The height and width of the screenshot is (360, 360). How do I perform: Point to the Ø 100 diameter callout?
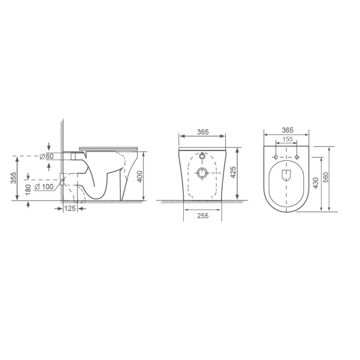click(x=46, y=186)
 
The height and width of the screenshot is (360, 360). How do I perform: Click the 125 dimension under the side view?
click(x=70, y=209)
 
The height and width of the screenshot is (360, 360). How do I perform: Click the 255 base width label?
click(x=202, y=216)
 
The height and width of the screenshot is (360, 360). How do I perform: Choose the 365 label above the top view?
click(x=287, y=130)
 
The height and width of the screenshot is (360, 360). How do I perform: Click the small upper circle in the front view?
click(x=202, y=156)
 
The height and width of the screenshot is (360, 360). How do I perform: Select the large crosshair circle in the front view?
click(x=202, y=173)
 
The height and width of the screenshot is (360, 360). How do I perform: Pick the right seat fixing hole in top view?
click(x=297, y=157)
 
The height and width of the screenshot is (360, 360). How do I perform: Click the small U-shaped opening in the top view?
click(x=287, y=175)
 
